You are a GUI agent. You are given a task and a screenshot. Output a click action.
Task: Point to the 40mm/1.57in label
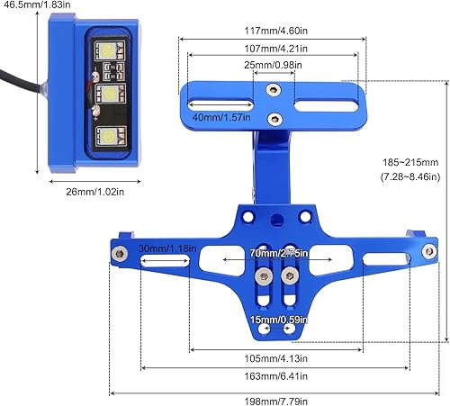pos(221,118)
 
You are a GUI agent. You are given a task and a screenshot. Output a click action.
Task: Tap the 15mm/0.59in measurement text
pos(276,319)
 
